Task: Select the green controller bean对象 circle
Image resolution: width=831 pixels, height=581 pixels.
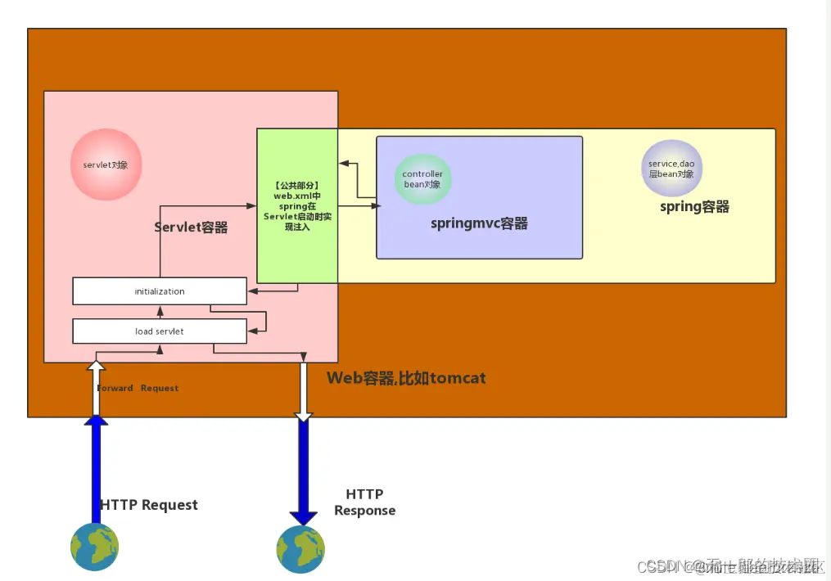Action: (422, 179)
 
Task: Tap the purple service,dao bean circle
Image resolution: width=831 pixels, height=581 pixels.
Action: (671, 169)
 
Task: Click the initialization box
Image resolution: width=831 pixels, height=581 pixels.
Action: (160, 291)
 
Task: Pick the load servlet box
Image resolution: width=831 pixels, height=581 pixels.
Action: (160, 331)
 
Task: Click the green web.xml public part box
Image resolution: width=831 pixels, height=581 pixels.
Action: (296, 205)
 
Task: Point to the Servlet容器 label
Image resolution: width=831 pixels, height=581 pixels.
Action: (191, 227)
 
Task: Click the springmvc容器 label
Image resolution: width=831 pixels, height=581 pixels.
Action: (479, 223)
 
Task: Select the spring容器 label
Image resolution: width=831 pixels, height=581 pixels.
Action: (694, 207)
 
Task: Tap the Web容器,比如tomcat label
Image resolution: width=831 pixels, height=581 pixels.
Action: (406, 378)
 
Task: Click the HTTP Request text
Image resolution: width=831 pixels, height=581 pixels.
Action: (149, 505)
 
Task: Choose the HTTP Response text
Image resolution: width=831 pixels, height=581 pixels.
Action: (364, 502)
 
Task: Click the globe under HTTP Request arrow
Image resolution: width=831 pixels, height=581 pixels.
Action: (95, 547)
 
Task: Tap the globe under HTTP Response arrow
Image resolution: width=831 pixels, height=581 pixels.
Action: (300, 548)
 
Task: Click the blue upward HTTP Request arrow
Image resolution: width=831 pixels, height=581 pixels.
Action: (96, 466)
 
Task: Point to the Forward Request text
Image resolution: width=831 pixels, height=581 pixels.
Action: (138, 388)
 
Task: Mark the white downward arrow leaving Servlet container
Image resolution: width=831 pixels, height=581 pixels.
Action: (304, 391)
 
